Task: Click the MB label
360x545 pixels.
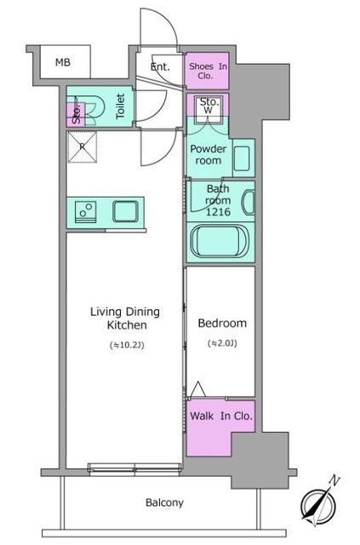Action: (x=63, y=62)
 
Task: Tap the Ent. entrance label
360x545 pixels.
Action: (x=160, y=66)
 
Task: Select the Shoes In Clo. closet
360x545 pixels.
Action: (x=207, y=71)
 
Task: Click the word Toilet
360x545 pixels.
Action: (x=120, y=106)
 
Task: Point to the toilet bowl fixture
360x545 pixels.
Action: (x=92, y=106)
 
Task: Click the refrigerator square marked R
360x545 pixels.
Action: (x=83, y=147)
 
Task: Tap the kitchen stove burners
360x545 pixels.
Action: (x=86, y=211)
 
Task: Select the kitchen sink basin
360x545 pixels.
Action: (x=125, y=211)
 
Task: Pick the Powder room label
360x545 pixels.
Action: (x=209, y=155)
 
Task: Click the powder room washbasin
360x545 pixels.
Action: (x=242, y=158)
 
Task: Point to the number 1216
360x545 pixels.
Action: (x=218, y=212)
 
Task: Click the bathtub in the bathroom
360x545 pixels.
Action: (x=220, y=242)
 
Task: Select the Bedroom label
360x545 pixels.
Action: (x=222, y=324)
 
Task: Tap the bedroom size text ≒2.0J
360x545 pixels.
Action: (x=222, y=343)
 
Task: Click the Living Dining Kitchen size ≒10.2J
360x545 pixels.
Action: (x=127, y=346)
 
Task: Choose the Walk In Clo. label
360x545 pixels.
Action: (x=221, y=416)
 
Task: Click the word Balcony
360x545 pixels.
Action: (x=164, y=502)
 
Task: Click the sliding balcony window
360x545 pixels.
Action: (x=134, y=469)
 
